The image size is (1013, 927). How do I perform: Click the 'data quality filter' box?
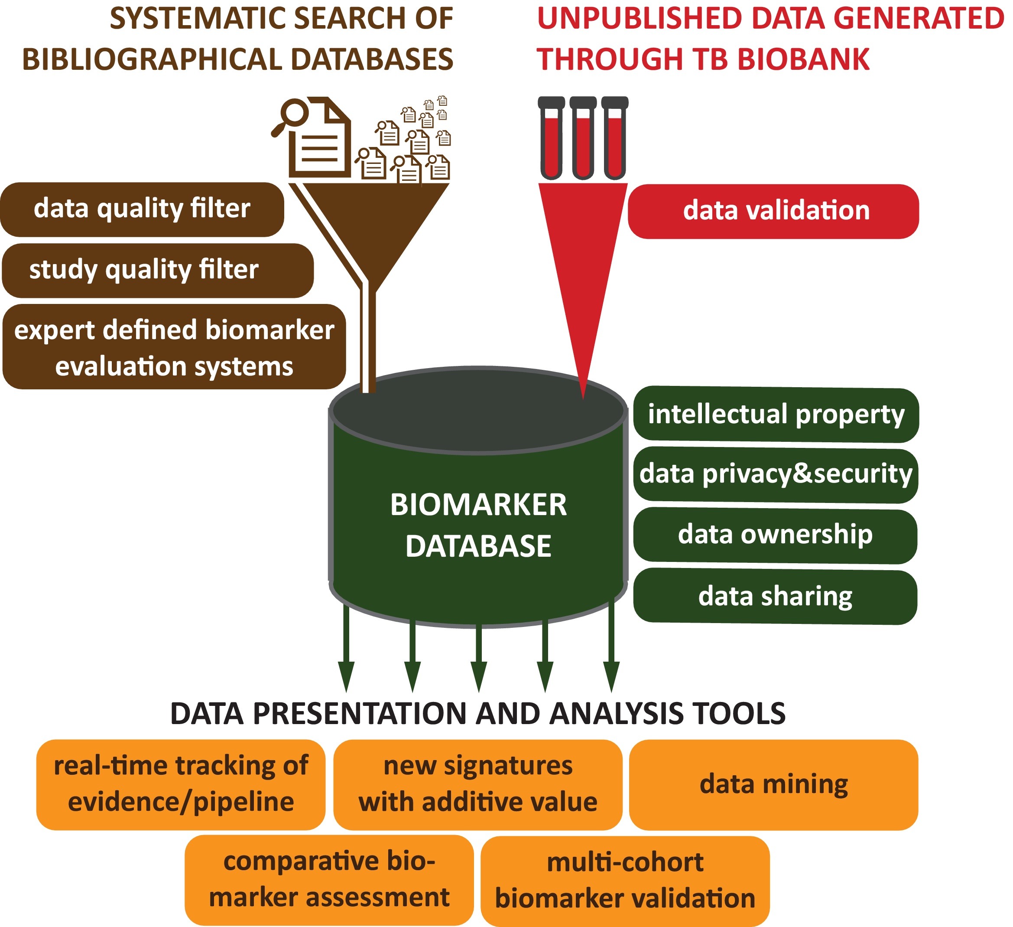point(142,209)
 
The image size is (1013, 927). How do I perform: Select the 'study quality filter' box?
point(158,271)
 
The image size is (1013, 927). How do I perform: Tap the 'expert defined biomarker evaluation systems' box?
point(174,347)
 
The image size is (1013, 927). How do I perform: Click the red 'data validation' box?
point(773,211)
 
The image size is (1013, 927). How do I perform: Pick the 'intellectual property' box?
point(776,415)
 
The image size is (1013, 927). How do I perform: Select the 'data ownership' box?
point(775,535)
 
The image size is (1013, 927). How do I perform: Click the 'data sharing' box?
point(775,597)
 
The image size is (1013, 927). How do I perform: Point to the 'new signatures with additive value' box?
point(477,785)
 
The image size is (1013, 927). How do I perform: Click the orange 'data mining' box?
point(773,785)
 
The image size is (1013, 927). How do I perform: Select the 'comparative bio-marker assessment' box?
point(329,880)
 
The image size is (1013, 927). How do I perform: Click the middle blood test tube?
point(583,138)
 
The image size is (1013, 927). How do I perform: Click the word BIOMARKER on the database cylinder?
point(478,505)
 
